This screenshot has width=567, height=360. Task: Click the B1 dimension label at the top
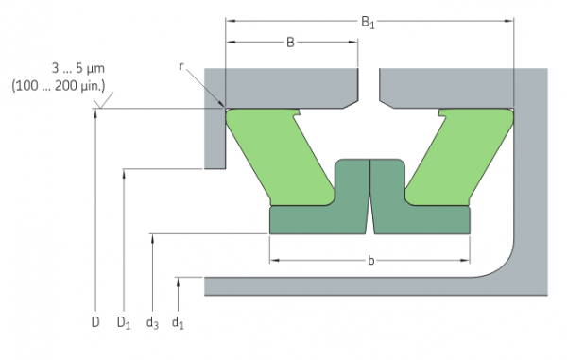[368, 23]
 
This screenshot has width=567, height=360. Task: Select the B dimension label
[290, 43]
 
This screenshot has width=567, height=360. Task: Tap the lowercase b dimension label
[370, 260]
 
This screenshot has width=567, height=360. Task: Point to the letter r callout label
[181, 66]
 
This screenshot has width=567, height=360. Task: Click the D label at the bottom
[95, 322]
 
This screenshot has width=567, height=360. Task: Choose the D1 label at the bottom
[124, 323]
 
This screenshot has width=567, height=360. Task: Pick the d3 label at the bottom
[152, 323]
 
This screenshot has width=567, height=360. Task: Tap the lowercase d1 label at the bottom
[178, 323]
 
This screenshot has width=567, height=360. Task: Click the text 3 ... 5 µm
[78, 68]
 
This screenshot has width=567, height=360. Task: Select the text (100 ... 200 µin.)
[59, 86]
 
